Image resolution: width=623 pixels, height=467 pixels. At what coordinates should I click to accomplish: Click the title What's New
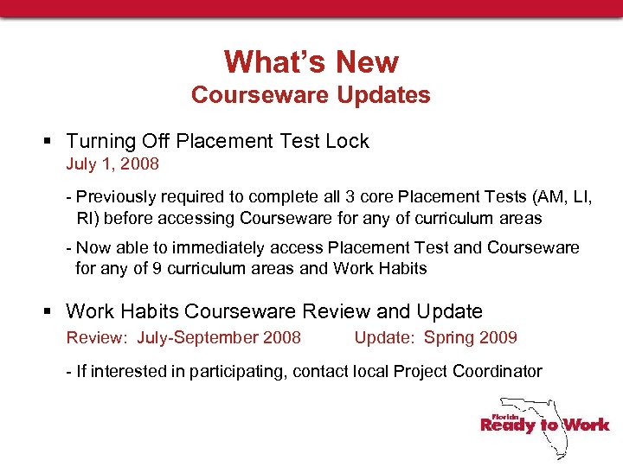click(311, 62)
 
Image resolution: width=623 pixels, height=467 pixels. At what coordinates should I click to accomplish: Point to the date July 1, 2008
click(112, 163)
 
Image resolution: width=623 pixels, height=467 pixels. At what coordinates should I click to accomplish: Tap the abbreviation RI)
click(88, 217)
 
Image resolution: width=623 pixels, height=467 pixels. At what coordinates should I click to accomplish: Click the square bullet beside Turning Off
click(51, 142)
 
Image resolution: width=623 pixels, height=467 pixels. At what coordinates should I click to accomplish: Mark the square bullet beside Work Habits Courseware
click(51, 311)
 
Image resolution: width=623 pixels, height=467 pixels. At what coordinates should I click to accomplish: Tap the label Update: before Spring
click(383, 337)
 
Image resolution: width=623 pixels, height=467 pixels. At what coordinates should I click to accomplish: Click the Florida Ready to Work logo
click(543, 425)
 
